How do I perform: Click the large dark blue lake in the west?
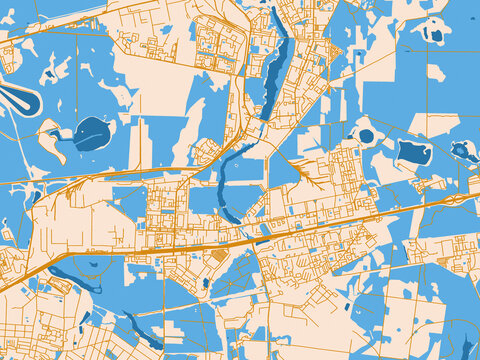(x=92, y=133)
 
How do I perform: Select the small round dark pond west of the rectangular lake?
(x=366, y=136)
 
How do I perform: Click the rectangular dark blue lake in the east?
(x=413, y=152)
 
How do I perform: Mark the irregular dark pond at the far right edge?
(x=462, y=151)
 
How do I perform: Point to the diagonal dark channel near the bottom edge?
(x=139, y=328)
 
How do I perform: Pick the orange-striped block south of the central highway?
(x=219, y=256)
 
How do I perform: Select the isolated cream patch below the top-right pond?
(x=436, y=72)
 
